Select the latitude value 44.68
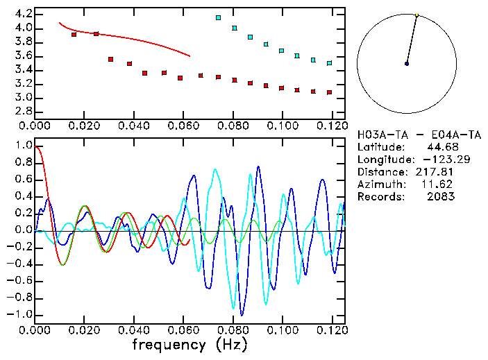[x=442, y=147]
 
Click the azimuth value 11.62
[x=442, y=184]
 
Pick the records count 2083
[x=442, y=196]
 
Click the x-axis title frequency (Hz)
[x=190, y=344]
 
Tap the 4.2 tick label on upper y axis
[x=23, y=14]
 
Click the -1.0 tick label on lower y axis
[x=21, y=314]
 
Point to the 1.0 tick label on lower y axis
[x=23, y=146]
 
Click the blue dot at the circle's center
[x=407, y=64]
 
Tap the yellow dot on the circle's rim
[x=417, y=15]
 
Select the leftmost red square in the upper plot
[x=74, y=34]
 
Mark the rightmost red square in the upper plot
[x=329, y=92]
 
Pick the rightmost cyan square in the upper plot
[x=329, y=62]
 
